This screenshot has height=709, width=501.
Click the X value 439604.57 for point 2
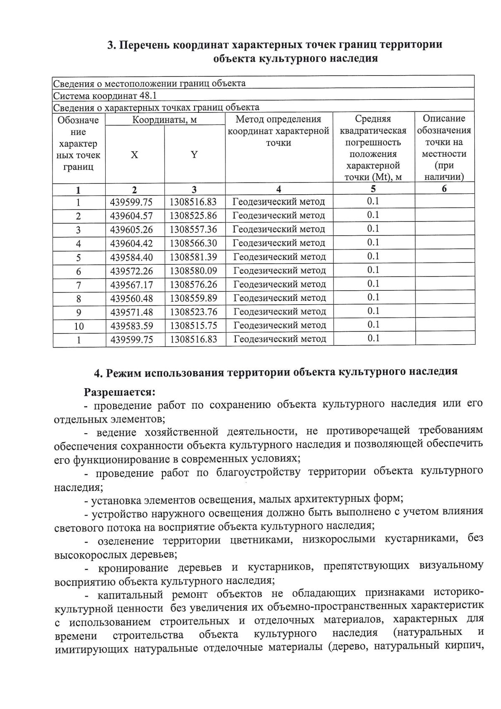point(132,216)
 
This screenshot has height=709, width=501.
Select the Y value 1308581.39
point(193,257)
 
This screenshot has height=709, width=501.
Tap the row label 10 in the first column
point(79,326)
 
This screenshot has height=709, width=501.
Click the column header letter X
point(134,155)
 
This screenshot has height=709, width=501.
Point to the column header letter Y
point(194,155)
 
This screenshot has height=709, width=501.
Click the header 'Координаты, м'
point(164,120)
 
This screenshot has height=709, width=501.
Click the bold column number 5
point(373,188)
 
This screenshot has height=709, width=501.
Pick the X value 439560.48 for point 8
point(132,298)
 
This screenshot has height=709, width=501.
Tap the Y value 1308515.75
point(193,325)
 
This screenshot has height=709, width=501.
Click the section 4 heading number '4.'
point(99,373)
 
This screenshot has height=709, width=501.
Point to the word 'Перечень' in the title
point(144,45)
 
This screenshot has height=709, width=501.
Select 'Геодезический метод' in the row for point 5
point(279,257)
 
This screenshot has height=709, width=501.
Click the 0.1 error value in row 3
point(373,229)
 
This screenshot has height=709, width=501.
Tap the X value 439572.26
point(132,271)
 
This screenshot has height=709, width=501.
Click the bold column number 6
point(444,188)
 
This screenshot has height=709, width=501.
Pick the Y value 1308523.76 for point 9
point(193,312)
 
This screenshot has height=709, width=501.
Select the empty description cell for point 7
point(445,284)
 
